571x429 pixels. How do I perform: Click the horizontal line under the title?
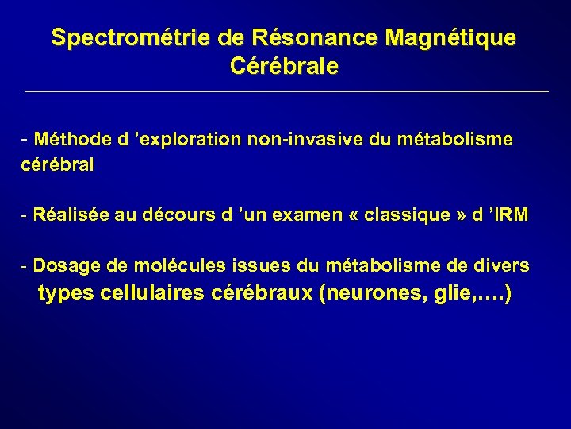[285, 92]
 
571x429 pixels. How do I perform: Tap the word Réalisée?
[72, 216]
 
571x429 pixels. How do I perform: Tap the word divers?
[505, 265]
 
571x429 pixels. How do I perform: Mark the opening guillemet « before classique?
[354, 217]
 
